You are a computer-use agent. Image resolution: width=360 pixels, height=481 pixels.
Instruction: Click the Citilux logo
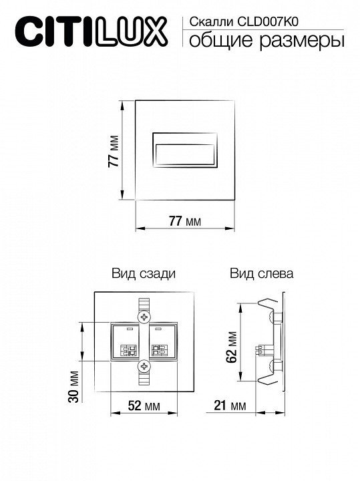click(92, 32)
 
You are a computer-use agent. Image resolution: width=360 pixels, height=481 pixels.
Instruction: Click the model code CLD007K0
click(268, 22)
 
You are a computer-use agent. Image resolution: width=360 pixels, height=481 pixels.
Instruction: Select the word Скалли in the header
click(212, 22)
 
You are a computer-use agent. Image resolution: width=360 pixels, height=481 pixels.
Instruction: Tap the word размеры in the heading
click(302, 40)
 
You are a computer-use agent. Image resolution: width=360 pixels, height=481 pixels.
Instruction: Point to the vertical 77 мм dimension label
click(114, 151)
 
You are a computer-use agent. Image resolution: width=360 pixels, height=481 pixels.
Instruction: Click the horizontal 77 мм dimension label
click(185, 220)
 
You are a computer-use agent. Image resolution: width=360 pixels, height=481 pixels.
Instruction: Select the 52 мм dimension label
click(144, 406)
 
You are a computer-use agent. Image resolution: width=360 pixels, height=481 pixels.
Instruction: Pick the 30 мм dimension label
click(73, 387)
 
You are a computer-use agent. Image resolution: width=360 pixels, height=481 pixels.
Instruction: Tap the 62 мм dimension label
click(232, 347)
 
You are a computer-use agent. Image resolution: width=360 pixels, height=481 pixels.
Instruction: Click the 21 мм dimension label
click(230, 406)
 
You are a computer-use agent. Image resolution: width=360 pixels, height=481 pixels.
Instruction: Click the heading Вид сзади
click(144, 273)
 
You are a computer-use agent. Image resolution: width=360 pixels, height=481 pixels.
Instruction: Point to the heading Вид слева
click(262, 273)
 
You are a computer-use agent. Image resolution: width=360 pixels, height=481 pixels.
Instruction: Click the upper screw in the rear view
click(144, 316)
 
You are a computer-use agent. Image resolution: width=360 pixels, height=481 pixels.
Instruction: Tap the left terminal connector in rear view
click(128, 350)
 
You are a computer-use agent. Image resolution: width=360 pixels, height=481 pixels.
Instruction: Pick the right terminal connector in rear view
click(160, 350)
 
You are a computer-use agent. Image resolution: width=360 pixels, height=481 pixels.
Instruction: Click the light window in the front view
click(185, 154)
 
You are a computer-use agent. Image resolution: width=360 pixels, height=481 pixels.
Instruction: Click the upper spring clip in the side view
click(268, 305)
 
